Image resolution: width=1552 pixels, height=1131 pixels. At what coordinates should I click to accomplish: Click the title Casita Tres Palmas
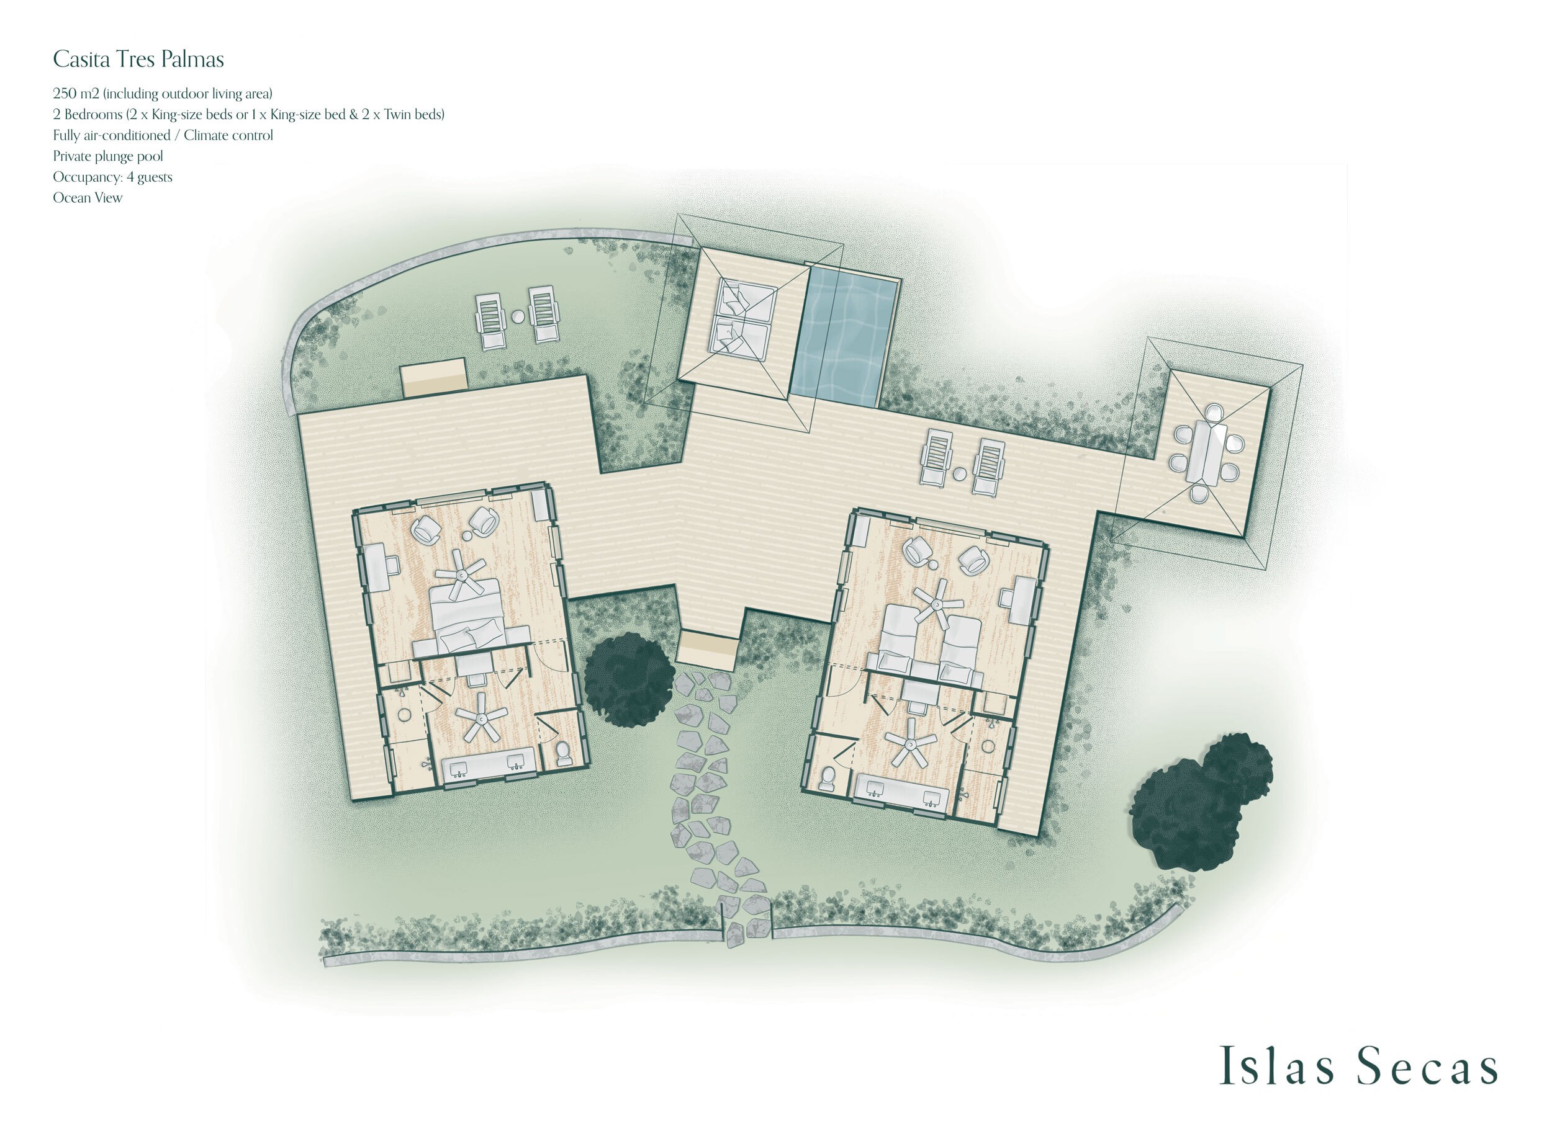(x=138, y=60)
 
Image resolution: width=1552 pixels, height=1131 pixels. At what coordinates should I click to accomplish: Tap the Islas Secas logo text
(x=1359, y=1066)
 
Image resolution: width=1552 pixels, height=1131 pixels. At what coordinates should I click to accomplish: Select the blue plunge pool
(x=845, y=336)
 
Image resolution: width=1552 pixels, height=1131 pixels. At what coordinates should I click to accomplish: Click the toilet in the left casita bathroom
(x=563, y=753)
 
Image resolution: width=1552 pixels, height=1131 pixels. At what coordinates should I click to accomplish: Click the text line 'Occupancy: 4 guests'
(x=112, y=177)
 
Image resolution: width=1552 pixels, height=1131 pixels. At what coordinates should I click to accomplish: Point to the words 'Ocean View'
(x=88, y=198)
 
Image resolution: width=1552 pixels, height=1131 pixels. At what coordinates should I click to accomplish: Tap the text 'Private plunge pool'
(x=108, y=156)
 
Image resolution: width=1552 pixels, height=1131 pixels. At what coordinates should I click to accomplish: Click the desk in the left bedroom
(x=377, y=566)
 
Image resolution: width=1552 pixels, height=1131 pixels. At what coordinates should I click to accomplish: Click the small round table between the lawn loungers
(x=518, y=316)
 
